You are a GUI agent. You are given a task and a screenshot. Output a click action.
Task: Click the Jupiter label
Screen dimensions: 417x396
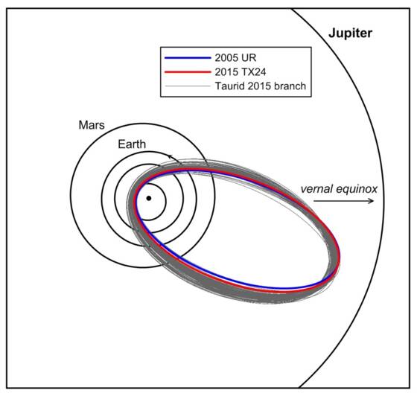coord(350,33)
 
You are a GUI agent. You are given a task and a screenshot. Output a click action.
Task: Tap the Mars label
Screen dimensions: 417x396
coord(92,125)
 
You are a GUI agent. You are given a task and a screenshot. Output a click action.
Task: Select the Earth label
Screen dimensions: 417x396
coord(132,144)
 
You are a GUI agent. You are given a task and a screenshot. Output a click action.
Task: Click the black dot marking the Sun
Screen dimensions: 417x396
coord(149,198)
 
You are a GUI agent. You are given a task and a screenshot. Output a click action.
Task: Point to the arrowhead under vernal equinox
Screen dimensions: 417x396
coord(372,201)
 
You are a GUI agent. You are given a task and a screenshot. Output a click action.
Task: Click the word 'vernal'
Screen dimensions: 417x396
coord(316,189)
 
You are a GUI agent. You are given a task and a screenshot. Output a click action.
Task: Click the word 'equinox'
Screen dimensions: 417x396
coord(357,190)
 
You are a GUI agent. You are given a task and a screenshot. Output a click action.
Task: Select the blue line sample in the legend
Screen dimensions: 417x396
coord(188,57)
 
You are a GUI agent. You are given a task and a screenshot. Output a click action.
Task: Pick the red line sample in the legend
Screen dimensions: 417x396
coord(188,71)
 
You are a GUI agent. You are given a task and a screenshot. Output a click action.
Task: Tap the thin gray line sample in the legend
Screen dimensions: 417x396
coord(188,86)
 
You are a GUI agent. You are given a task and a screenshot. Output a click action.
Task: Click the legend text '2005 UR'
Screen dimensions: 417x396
coord(235,57)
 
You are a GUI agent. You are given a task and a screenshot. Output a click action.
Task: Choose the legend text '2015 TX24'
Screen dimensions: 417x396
coord(241,71)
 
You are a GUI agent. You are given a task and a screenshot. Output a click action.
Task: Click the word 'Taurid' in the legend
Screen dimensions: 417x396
coord(229,86)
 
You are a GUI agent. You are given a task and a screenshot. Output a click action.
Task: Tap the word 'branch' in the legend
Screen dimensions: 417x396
coord(290,86)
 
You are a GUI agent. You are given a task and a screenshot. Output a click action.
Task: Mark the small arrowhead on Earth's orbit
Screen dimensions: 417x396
coord(171,157)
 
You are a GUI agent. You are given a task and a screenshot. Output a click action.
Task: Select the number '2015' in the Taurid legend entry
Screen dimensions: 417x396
coord(259,86)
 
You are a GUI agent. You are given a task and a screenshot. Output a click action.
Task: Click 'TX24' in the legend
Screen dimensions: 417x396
coord(253,71)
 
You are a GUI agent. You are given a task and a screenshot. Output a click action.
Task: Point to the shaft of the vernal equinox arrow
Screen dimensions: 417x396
coord(343,201)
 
